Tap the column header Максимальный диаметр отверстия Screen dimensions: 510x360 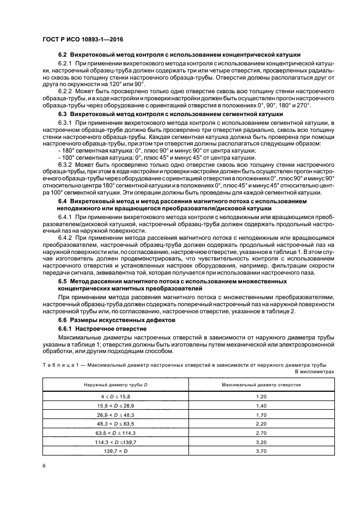[261, 385]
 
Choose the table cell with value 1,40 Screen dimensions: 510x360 [261, 405]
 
